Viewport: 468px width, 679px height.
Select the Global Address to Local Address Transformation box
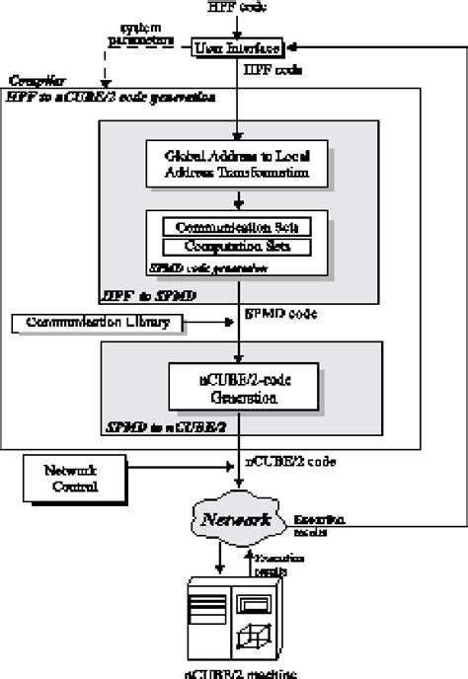tap(237, 164)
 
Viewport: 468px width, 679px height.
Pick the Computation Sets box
tap(238, 245)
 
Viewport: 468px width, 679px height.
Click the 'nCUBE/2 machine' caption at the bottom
tap(235, 670)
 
